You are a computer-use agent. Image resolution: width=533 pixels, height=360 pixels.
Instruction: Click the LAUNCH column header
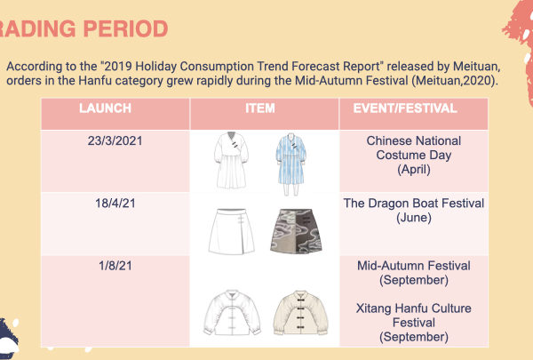[105, 108]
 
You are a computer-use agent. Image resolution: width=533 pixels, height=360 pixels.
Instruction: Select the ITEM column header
[260, 108]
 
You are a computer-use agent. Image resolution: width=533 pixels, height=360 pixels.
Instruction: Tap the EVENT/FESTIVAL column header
[405, 108]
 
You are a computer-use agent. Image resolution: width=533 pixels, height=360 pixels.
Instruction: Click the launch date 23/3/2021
[115, 140]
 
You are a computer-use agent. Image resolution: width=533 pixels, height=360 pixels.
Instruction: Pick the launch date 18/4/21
[115, 204]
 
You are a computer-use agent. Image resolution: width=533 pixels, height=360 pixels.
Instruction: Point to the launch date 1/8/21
[115, 266]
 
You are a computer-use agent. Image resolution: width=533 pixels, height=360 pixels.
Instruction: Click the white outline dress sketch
[231, 160]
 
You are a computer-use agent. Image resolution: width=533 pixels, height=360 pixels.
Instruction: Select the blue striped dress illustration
[291, 164]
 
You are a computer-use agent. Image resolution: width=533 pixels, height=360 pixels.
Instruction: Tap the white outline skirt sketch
[232, 231]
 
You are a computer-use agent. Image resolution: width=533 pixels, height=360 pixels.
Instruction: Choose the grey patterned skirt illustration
[296, 231]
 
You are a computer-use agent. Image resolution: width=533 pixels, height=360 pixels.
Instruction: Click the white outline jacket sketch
[232, 313]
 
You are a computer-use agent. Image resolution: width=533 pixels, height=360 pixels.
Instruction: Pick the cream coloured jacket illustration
[300, 313]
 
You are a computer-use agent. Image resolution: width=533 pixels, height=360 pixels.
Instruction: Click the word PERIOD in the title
[125, 28]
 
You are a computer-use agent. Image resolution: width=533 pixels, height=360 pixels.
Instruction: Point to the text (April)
[414, 170]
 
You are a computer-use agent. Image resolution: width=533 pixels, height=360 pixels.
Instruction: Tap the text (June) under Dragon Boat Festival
[414, 218]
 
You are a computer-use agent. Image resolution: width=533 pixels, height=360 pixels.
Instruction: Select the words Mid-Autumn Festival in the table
[414, 266]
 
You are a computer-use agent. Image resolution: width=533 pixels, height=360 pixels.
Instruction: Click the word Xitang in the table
[374, 308]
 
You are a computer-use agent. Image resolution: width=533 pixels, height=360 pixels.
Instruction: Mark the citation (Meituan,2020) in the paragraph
[455, 81]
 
